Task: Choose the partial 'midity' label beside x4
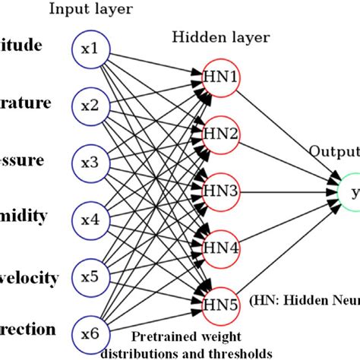click(x=27, y=216)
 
